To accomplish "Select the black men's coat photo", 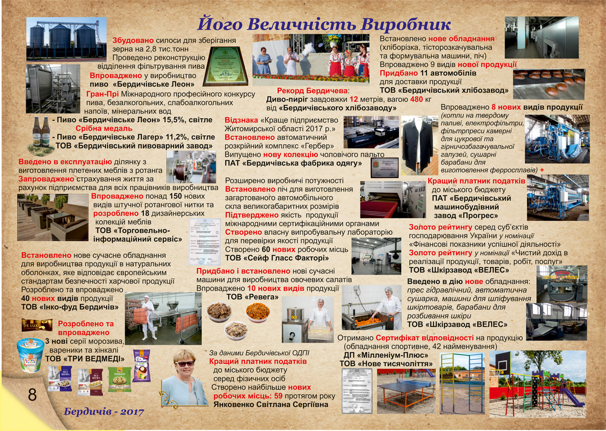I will pyautogui.click(x=417, y=146).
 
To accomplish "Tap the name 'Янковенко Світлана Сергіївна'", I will pyautogui.click(x=271, y=405).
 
